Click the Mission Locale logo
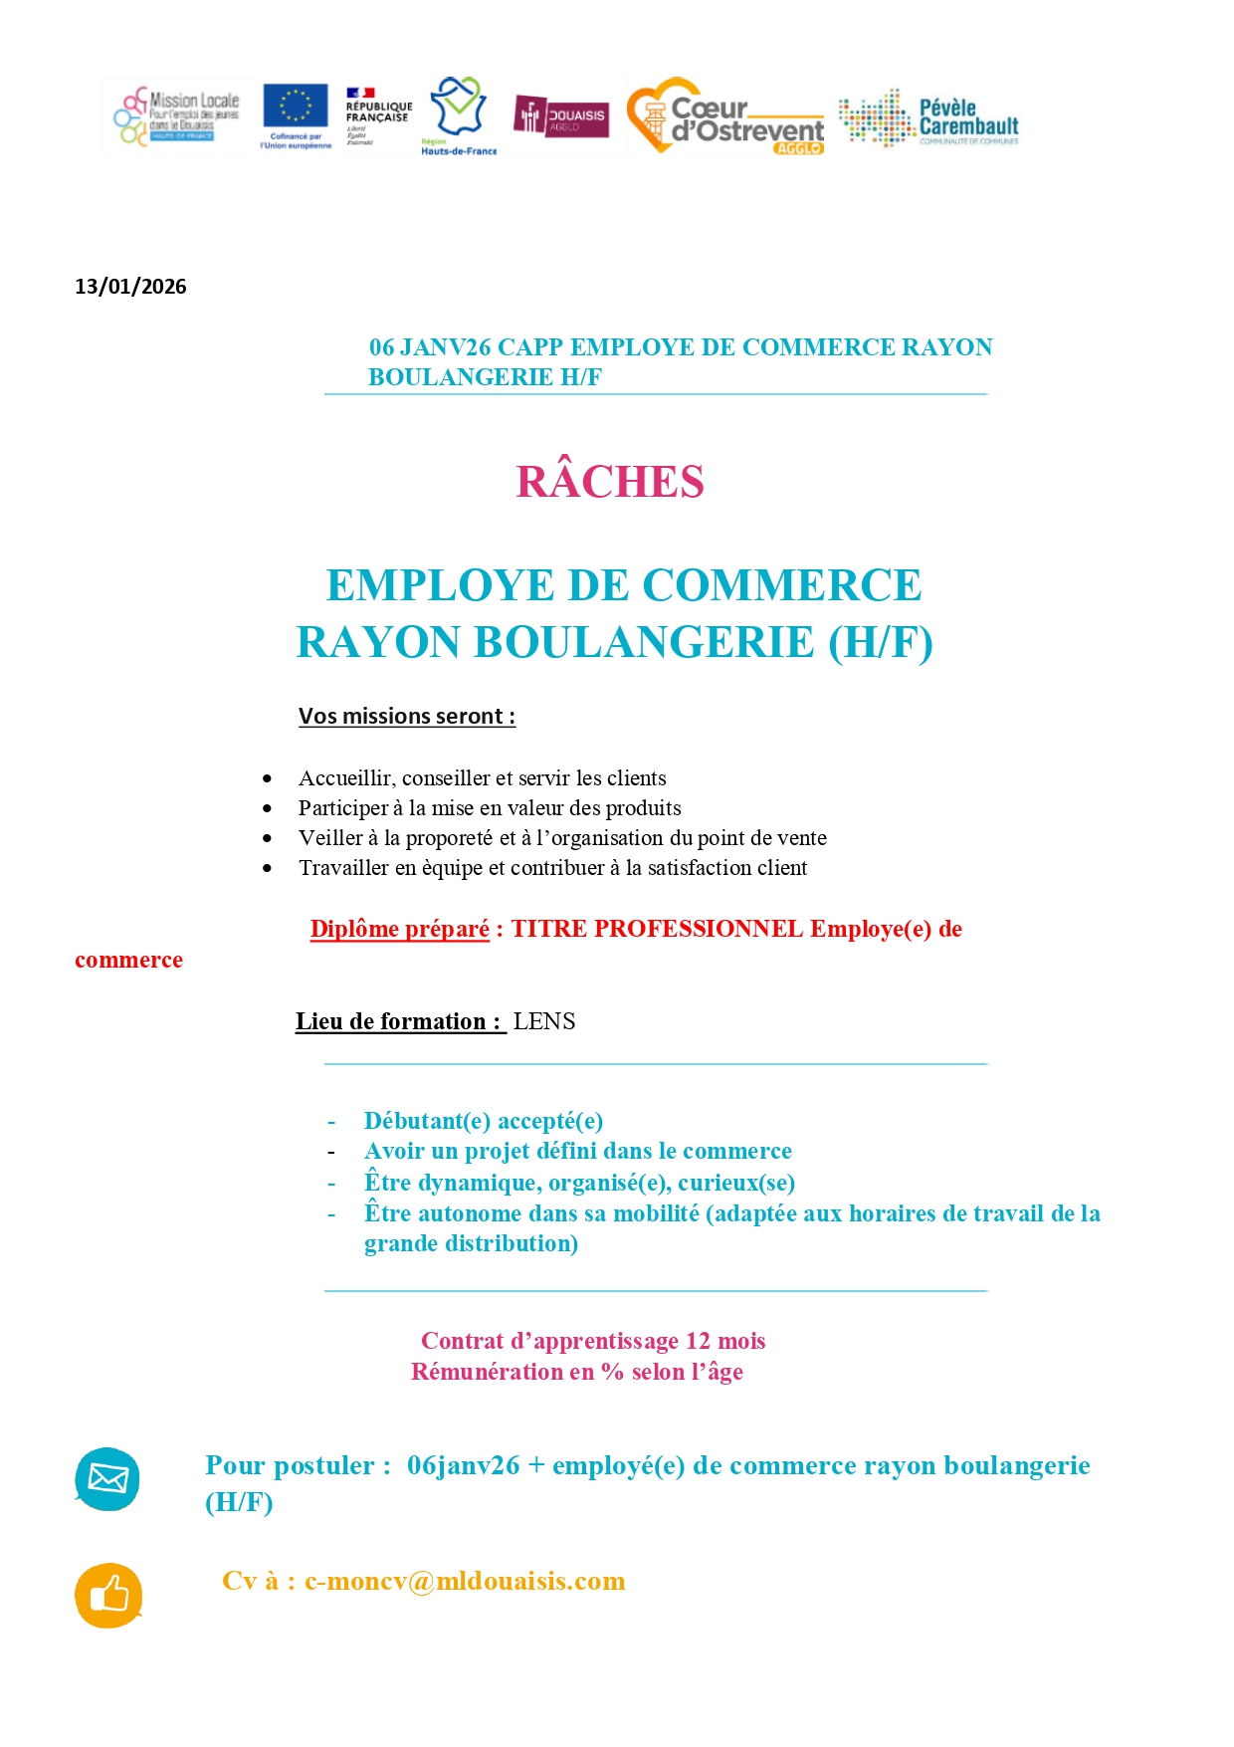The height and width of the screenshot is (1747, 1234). (177, 115)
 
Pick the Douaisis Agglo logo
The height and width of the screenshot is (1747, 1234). (561, 115)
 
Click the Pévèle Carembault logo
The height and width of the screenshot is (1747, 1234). (929, 117)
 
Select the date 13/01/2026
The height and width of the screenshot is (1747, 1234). (130, 287)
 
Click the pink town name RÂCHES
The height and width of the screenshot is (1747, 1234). (610, 482)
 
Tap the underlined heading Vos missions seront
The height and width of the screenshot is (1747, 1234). (406, 716)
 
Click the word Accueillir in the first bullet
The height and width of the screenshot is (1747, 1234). (344, 778)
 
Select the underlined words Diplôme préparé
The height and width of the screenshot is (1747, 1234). (399, 929)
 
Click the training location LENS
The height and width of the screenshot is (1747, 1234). (544, 1021)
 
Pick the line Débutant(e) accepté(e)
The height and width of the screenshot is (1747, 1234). (484, 1121)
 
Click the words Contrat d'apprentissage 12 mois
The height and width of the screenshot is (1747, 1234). (593, 1341)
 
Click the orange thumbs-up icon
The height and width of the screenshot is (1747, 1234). (108, 1595)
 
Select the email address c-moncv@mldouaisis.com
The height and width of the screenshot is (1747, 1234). (465, 1581)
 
